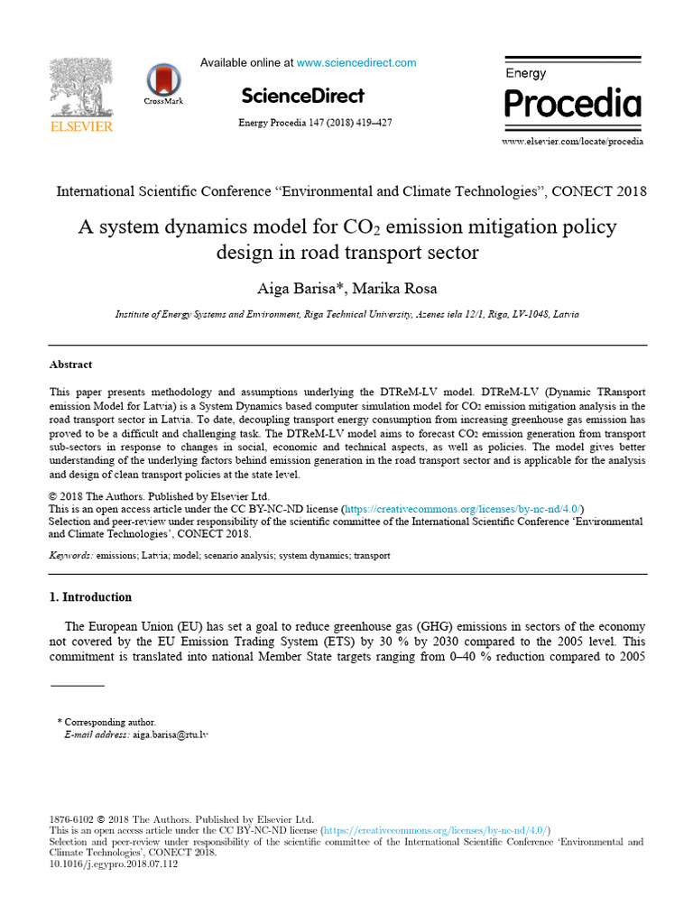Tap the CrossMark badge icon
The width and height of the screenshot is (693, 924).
click(x=163, y=82)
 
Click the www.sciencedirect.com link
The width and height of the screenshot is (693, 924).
click(x=356, y=63)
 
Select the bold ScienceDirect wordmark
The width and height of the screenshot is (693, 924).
click(x=302, y=97)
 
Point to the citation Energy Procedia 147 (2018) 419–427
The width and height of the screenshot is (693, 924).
click(x=314, y=123)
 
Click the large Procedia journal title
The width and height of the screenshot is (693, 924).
click(x=572, y=105)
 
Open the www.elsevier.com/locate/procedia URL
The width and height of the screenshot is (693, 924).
click(x=572, y=142)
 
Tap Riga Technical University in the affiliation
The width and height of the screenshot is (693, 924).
click(x=357, y=315)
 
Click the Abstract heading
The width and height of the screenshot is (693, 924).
click(x=70, y=365)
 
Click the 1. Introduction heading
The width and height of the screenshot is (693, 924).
click(x=90, y=597)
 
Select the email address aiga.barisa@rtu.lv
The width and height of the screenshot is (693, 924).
click(x=171, y=735)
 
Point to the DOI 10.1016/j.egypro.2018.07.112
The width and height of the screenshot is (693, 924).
click(x=113, y=864)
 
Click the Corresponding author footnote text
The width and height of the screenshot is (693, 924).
click(x=110, y=722)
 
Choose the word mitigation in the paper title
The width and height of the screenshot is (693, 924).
click(x=522, y=226)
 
